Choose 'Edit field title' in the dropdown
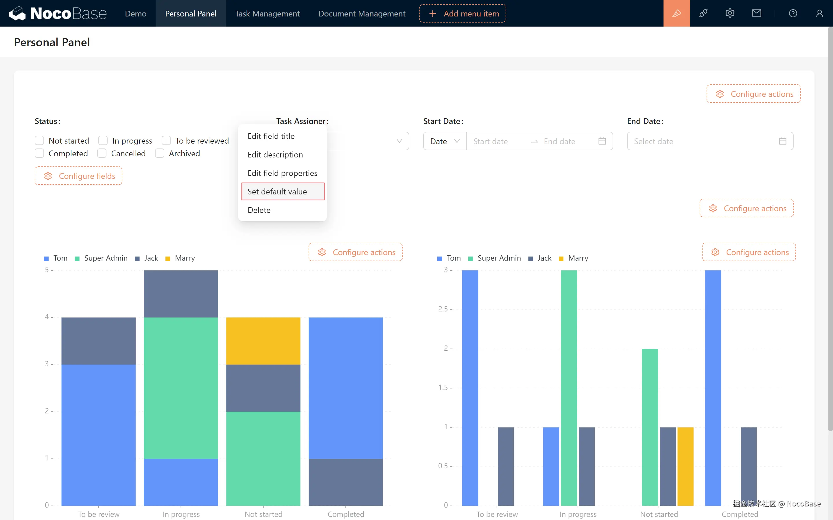tap(271, 136)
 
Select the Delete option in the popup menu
tap(259, 210)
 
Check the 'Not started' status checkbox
tap(40, 141)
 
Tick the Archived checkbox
tap(160, 153)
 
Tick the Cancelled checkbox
tap(102, 153)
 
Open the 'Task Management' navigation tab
tap(267, 13)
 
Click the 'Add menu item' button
tap(462, 13)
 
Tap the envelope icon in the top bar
tap(756, 13)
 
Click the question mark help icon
tap(793, 13)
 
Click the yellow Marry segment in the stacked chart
tap(263, 341)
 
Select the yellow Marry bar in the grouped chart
tap(685, 466)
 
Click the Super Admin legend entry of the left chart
tap(102, 258)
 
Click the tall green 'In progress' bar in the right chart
tap(569, 388)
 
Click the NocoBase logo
tap(58, 13)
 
